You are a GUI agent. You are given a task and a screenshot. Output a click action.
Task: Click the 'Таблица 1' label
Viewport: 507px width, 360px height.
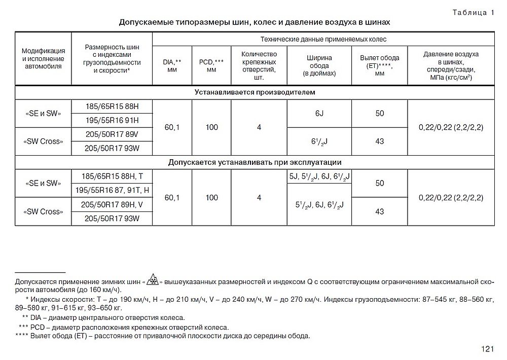(x=473, y=13)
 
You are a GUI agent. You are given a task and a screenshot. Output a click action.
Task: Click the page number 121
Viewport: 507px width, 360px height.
(x=488, y=348)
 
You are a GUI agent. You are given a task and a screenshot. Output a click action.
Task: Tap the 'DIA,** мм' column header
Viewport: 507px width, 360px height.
(x=172, y=66)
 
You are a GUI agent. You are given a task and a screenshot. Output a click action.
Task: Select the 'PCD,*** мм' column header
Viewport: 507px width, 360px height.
(x=211, y=66)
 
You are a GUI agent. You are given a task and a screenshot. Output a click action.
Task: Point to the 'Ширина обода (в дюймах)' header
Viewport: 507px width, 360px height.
(x=319, y=66)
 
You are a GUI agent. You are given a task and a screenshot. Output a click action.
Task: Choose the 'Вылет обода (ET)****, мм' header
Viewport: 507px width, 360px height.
(x=379, y=65)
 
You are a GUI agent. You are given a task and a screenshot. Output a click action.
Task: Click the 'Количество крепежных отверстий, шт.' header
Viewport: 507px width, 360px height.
(x=259, y=66)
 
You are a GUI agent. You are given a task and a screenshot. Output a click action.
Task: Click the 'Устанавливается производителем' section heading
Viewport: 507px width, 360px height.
(x=255, y=93)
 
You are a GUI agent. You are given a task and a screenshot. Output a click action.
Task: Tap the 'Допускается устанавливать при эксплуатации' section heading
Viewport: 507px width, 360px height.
(x=255, y=162)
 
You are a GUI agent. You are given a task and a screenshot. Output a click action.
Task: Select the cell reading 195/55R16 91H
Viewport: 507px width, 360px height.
(x=112, y=120)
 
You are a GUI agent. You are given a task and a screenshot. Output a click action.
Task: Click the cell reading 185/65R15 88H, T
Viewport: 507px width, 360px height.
(x=112, y=176)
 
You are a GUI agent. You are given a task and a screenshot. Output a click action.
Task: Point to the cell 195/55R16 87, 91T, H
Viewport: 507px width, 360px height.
(x=112, y=190)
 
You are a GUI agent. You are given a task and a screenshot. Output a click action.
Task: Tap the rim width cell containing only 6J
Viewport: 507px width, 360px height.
(x=319, y=113)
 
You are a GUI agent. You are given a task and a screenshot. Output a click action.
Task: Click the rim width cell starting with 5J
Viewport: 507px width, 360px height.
(x=319, y=176)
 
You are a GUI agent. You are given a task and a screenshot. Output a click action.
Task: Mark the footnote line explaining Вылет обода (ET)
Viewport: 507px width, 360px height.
(x=162, y=336)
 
